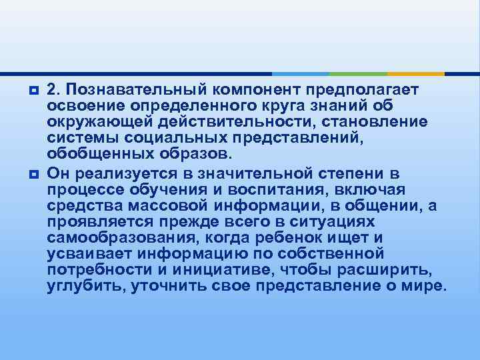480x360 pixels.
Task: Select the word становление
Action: [377, 123]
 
